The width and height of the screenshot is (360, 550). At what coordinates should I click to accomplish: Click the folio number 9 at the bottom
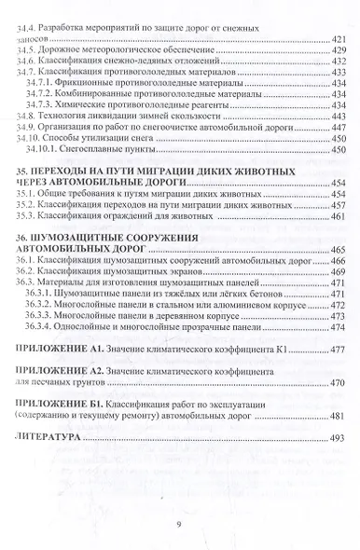pos(178,523)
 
